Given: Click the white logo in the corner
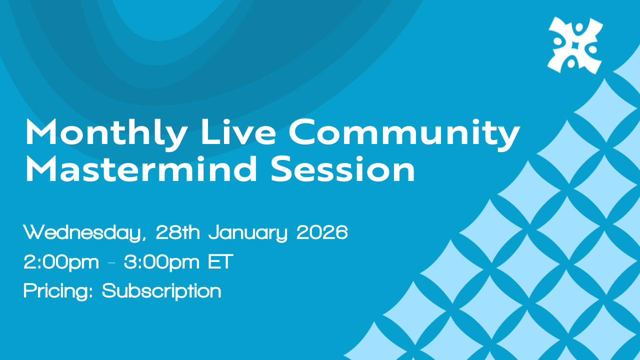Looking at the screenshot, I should (x=575, y=45).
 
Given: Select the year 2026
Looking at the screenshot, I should (x=322, y=232).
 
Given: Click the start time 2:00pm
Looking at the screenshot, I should (x=61, y=262).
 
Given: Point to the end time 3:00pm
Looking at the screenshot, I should (x=161, y=262).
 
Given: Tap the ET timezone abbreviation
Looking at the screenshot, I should (x=220, y=261).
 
